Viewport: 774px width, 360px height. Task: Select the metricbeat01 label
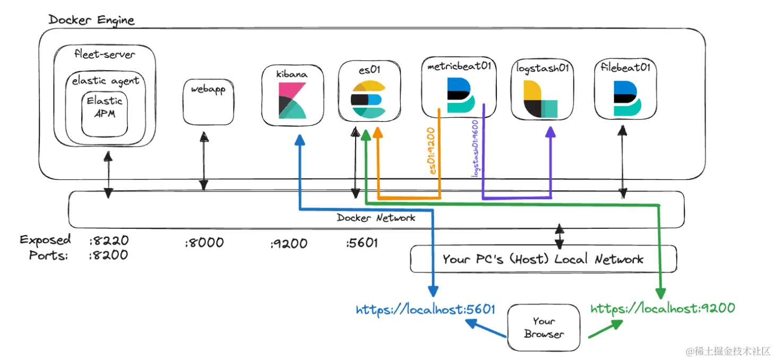[459, 67]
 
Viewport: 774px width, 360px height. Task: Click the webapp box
[208, 102]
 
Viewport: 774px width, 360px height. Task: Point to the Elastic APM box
[105, 113]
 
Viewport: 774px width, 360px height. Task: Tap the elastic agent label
[105, 81]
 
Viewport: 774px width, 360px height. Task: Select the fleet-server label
[105, 54]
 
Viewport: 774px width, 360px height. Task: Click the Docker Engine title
[91, 20]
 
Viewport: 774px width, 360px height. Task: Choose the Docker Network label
[376, 218]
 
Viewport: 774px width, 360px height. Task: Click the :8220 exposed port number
[109, 241]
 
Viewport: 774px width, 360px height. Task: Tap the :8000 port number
[204, 243]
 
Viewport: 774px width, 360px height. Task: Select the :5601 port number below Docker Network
[362, 243]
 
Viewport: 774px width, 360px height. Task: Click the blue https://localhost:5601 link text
[426, 309]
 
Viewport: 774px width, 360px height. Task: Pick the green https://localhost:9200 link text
[663, 308]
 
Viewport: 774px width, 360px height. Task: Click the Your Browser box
[544, 328]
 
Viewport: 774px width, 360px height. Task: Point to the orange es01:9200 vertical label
[433, 151]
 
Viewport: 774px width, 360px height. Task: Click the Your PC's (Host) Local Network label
[543, 259]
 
